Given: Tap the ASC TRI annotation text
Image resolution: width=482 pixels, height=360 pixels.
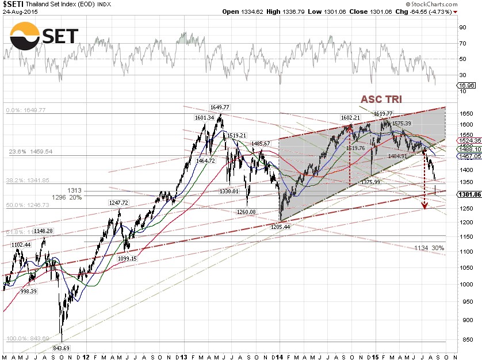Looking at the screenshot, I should [x=382, y=99].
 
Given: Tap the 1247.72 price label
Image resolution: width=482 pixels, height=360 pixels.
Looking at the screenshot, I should [x=120, y=202].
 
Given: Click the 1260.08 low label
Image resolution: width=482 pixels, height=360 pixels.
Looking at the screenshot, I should [x=247, y=211].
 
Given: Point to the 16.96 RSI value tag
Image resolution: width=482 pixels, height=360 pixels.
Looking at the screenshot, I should [x=464, y=86].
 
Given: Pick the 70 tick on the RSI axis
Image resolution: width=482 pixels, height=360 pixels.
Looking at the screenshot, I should [x=462, y=43].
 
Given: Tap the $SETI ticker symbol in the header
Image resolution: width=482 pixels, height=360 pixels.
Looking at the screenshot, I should [x=13, y=4].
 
